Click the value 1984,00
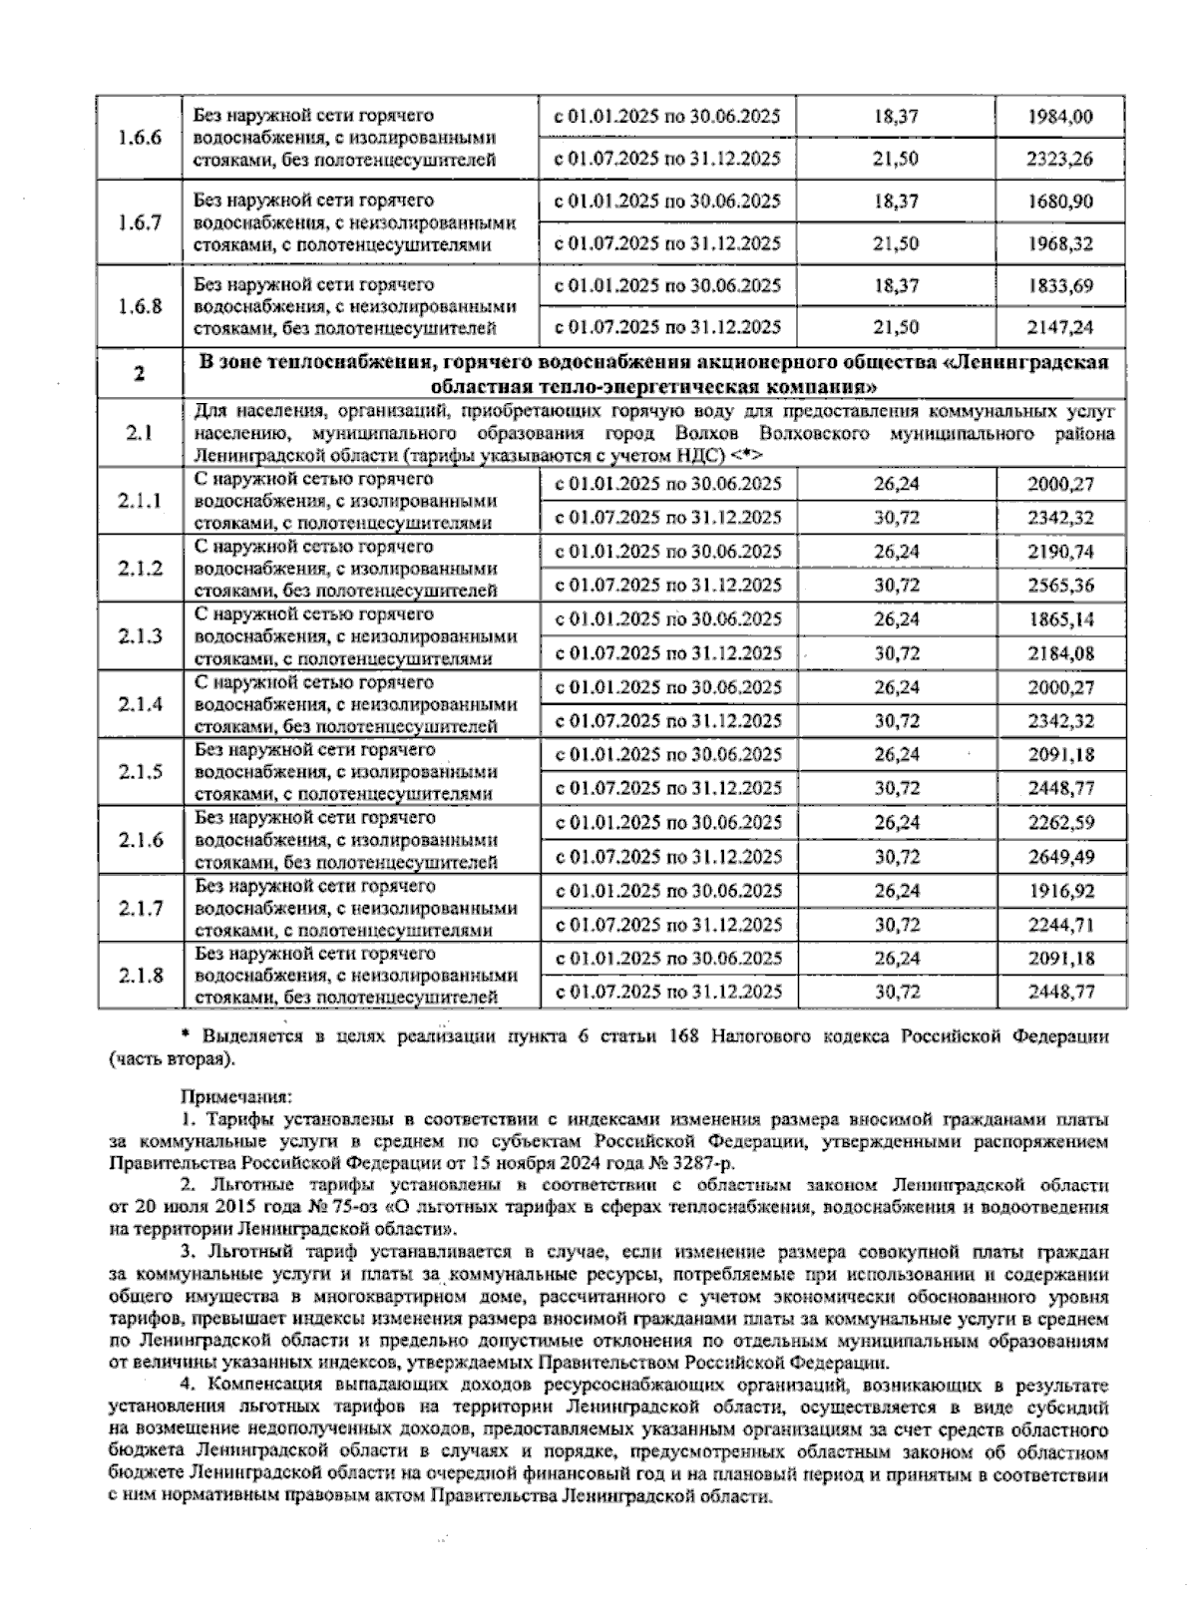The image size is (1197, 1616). coord(1061,117)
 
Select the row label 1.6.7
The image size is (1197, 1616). coord(140,222)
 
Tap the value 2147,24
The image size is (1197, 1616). coord(1061,327)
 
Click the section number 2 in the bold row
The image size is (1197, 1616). coord(140,374)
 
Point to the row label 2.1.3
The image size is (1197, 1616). coord(140,636)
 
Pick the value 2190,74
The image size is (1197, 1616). coord(1061,552)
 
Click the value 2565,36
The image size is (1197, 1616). coord(1061,586)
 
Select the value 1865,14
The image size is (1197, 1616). coord(1061,619)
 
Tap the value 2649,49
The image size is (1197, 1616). coord(1061,857)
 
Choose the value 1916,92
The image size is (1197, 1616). coord(1061,891)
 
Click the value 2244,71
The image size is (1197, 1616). coord(1061,925)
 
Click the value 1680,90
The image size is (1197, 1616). coord(1061,202)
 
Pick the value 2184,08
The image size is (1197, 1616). coord(1061,653)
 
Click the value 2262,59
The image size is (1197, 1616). coord(1061,823)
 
